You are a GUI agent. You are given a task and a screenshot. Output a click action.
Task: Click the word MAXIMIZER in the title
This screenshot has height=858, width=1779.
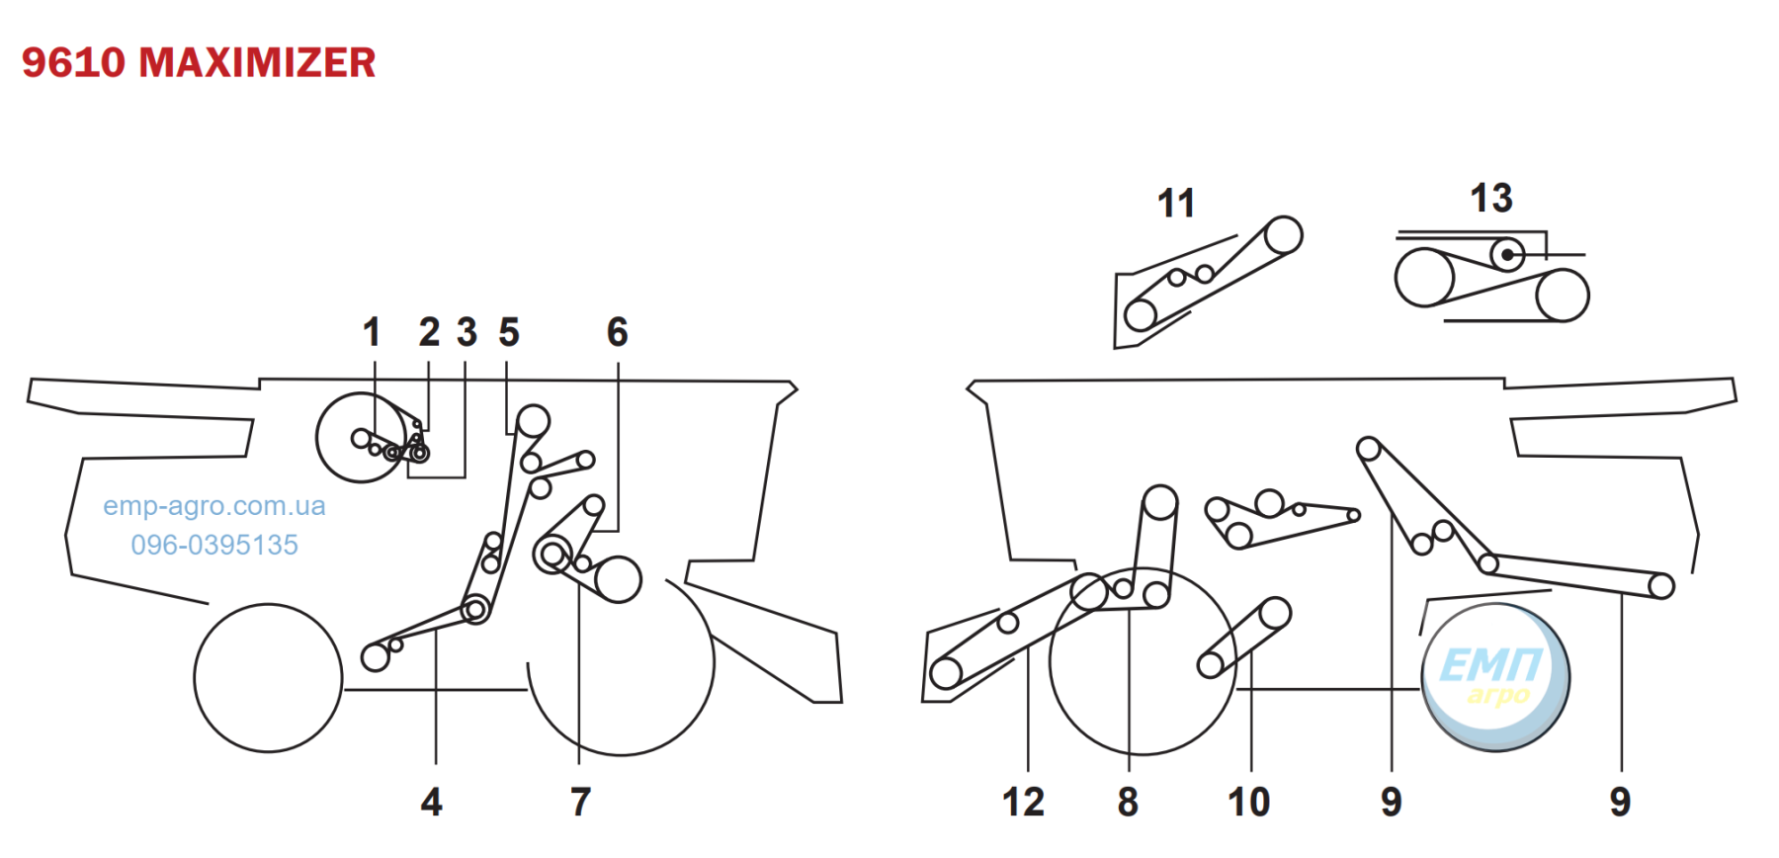point(257,62)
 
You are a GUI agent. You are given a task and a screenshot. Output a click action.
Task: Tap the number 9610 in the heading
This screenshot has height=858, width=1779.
point(73,62)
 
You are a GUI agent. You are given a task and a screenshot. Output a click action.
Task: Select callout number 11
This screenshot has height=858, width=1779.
point(1176,204)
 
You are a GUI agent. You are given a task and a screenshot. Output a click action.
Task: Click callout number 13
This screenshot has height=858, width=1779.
point(1491,198)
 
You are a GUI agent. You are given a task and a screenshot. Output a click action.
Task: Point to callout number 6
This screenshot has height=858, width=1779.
point(618,332)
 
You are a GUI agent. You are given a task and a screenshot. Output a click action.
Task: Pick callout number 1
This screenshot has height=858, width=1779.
point(372,332)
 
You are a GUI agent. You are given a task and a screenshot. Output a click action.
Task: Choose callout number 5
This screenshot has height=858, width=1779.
point(509,332)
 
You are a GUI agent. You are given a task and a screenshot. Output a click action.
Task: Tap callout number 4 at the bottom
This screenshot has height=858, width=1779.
point(432,802)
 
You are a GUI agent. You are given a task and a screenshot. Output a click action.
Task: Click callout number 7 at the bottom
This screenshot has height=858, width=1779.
point(581,802)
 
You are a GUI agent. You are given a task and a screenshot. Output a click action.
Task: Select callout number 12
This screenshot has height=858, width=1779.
point(1023,802)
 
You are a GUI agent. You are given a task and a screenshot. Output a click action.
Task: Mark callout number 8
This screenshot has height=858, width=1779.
point(1128,802)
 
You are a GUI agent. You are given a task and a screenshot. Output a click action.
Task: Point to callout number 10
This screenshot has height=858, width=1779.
point(1248,802)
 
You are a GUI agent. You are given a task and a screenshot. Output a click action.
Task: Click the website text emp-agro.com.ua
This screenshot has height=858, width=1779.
point(214,506)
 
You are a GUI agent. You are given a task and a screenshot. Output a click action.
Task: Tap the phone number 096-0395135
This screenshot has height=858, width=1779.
point(214,545)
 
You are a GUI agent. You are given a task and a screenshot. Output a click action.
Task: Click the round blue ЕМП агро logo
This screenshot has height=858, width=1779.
point(1495,678)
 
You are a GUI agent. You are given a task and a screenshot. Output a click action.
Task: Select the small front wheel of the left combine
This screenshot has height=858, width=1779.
point(268,678)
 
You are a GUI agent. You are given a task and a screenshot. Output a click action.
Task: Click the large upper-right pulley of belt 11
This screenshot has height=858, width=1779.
point(1283,236)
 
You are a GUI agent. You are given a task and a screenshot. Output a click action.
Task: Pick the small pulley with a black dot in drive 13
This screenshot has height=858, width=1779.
point(1507,254)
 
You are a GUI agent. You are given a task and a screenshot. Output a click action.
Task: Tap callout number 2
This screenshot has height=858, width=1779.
point(429,332)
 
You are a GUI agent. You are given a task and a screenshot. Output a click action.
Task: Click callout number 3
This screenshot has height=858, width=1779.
point(467,332)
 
